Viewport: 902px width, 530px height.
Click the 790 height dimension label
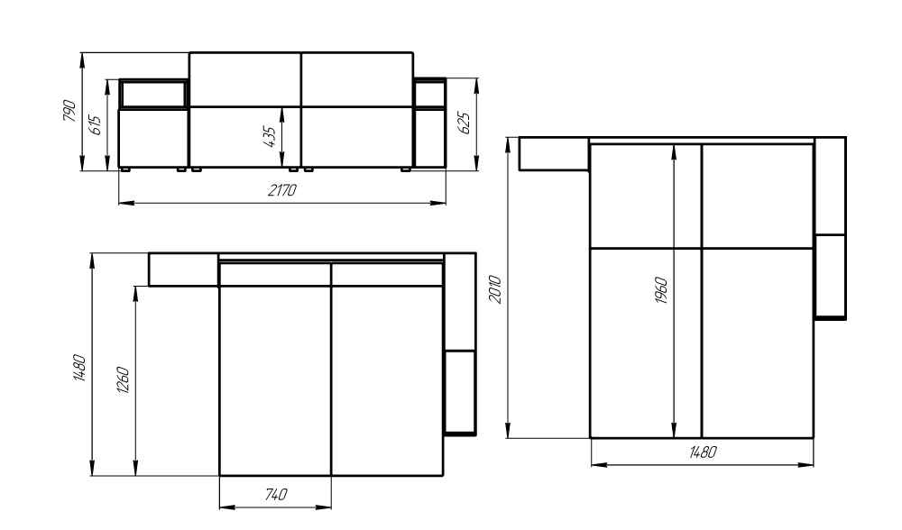point(69,111)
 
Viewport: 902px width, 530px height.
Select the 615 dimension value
point(95,125)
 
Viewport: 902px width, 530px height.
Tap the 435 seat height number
point(269,136)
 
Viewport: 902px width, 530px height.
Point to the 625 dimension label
point(465,123)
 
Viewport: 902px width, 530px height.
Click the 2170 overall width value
point(281,190)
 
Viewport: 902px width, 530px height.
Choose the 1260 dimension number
point(123,379)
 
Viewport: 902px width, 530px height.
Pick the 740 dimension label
point(275,494)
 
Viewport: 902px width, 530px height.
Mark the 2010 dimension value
point(495,289)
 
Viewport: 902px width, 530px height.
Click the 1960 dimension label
point(661,290)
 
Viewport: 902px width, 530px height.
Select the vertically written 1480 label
point(79,368)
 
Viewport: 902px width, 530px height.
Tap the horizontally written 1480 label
point(703,452)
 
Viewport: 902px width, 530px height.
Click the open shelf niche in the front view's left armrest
point(153,95)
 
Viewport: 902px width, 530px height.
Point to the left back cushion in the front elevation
point(245,79)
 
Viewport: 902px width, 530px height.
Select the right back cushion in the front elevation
point(357,79)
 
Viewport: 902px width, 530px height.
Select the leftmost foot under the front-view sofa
point(124,169)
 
